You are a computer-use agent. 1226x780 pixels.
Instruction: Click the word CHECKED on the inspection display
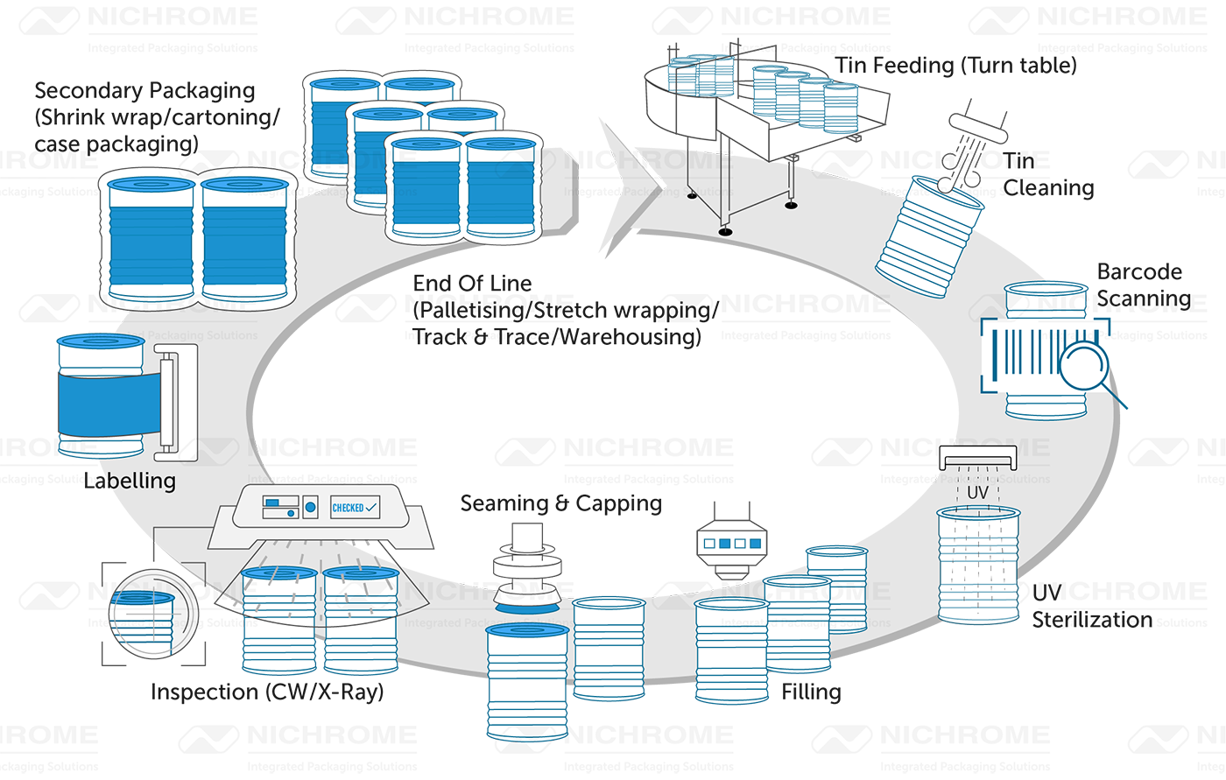point(347,508)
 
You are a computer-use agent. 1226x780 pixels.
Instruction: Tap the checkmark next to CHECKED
point(372,507)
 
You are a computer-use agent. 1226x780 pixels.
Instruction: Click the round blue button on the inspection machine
point(309,506)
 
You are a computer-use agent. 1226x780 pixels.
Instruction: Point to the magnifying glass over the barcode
point(1084,362)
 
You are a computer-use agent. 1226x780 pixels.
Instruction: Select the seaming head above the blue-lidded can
point(525,569)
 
